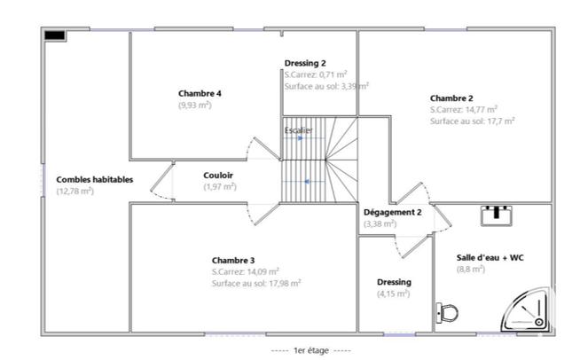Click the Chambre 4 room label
pyautogui.click(x=200, y=93)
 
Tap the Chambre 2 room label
pyautogui.click(x=451, y=98)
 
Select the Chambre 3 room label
pyautogui.click(x=233, y=260)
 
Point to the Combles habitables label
pyautogui.click(x=95, y=179)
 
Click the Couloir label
pyautogui.click(x=218, y=175)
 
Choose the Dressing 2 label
pyautogui.click(x=305, y=63)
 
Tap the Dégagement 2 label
pyautogui.click(x=392, y=213)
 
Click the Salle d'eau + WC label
pyautogui.click(x=490, y=257)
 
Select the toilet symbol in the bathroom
pyautogui.click(x=448, y=312)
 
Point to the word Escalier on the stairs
pyautogui.click(x=298, y=130)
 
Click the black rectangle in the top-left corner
pyautogui.click(x=55, y=35)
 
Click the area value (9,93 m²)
pyautogui.click(x=194, y=105)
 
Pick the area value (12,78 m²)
pyautogui.click(x=75, y=191)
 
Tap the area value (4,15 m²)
pyautogui.click(x=392, y=293)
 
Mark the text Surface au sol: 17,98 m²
pyautogui.click(x=256, y=283)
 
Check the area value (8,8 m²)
pyautogui.click(x=471, y=269)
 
